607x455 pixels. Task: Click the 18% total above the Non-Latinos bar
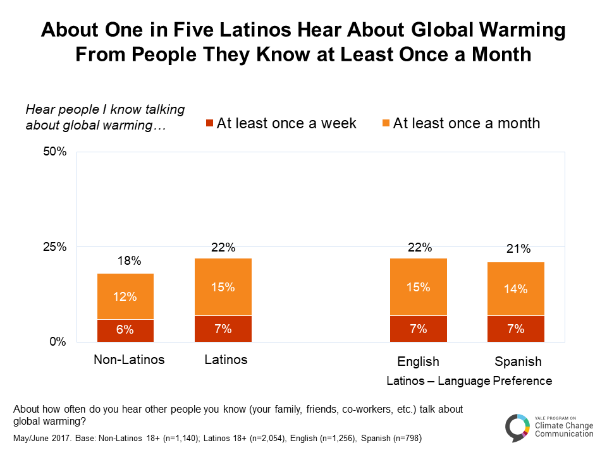[x=125, y=261]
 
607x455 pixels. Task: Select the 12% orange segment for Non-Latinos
[x=125, y=296]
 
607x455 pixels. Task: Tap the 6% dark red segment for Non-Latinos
[x=125, y=330]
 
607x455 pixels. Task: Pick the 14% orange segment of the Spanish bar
[x=516, y=289]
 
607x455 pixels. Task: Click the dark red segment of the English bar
[x=418, y=329]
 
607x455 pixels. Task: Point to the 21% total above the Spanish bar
[x=516, y=249]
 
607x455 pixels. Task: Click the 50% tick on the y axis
[x=54, y=152]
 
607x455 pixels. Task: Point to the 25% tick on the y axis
[x=54, y=246]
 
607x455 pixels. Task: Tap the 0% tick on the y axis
[x=58, y=342]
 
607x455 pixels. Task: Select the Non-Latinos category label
[x=129, y=360]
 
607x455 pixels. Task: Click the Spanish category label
[x=518, y=362]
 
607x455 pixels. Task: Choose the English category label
[x=418, y=362]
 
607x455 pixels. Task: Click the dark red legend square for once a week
[x=209, y=123]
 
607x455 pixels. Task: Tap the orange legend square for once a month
[x=385, y=123]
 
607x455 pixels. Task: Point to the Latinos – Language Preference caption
[x=469, y=381]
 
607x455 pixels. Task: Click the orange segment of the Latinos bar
[x=223, y=287]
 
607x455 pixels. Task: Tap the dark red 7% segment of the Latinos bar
[x=223, y=329]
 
